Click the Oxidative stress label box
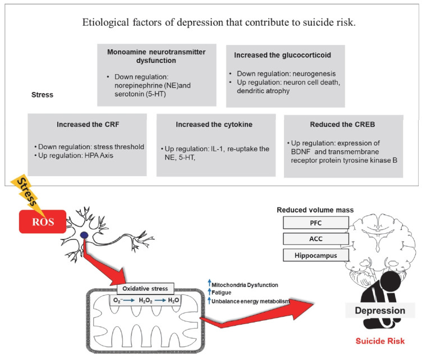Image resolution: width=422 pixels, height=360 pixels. [x=144, y=289]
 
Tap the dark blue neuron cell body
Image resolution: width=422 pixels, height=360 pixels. [x=84, y=236]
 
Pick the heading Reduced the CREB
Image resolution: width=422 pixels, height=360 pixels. [x=343, y=124]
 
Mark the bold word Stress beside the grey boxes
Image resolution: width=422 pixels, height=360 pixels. [x=42, y=95]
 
